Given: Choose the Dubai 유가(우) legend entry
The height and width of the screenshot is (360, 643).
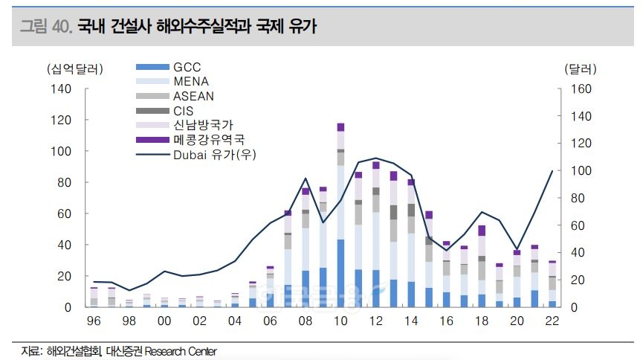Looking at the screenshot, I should [x=211, y=154].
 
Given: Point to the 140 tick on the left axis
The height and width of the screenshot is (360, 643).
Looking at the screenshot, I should [x=62, y=89].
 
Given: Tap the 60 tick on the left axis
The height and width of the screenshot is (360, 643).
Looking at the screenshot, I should [x=65, y=214].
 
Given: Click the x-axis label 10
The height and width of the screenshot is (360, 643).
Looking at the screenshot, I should [x=340, y=321].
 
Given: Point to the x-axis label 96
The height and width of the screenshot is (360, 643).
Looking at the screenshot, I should [x=94, y=321].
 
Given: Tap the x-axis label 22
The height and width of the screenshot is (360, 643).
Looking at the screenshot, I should [x=552, y=321].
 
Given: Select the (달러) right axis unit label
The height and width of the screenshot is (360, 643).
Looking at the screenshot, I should [x=580, y=69].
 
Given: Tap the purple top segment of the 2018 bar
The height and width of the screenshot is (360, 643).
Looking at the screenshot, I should [x=482, y=231].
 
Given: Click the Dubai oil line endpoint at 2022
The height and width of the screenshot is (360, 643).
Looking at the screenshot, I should [x=552, y=171].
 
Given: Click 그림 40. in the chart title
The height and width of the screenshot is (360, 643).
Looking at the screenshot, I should [x=45, y=28].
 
